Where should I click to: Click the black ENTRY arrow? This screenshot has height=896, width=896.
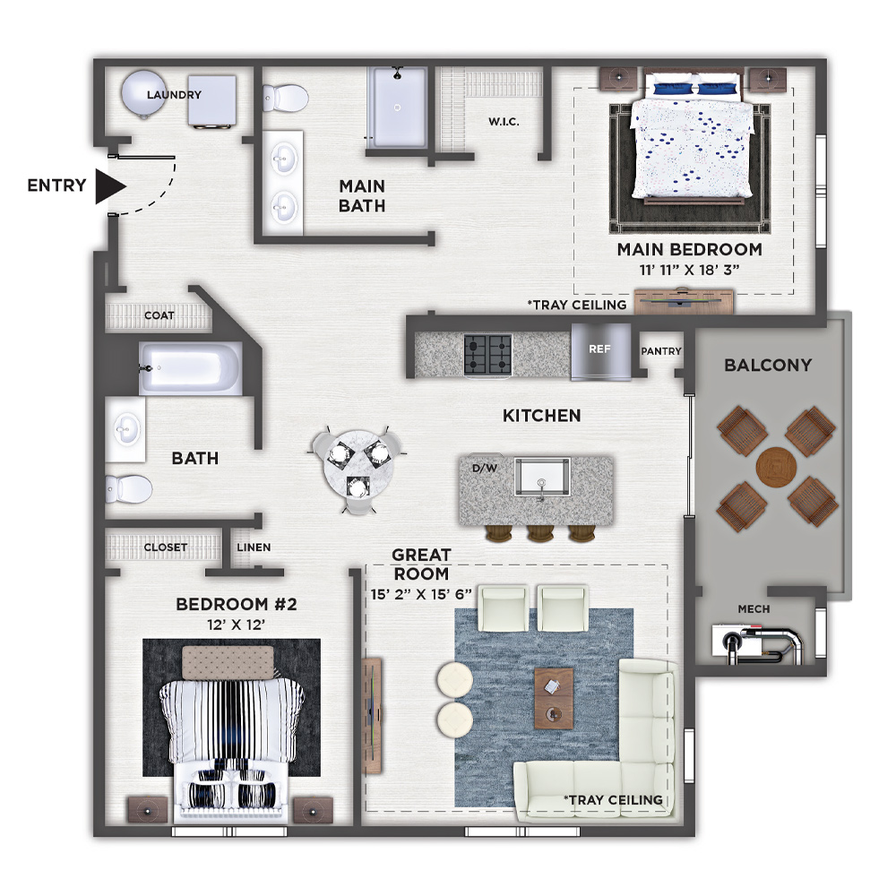pos(109,186)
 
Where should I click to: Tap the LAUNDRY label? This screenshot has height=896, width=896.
pos(175,95)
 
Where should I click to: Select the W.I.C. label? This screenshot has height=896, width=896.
pos(504,122)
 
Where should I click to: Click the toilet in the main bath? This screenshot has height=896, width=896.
pos(286,99)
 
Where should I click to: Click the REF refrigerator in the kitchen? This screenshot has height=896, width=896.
pos(600,351)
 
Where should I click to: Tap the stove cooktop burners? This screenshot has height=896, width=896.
pos(488,354)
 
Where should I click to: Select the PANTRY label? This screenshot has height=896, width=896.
pos(661,351)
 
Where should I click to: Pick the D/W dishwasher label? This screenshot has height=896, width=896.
pos(485,469)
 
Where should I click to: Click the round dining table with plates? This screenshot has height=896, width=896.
pos(358,468)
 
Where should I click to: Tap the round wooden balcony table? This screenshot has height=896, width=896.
pos(776,467)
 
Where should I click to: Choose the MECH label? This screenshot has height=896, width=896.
pos(754,609)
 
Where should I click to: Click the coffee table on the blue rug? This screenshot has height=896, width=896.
pos(554,698)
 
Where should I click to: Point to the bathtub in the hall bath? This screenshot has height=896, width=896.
pos(190,368)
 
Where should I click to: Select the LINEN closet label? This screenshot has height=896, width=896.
pos(254,547)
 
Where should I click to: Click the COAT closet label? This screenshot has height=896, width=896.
pos(159,315)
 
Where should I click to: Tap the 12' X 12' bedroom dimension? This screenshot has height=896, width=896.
pos(236,625)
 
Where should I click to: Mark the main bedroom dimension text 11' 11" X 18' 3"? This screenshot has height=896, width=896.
pos(689,270)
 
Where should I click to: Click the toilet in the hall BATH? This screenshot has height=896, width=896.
pos(128,489)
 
